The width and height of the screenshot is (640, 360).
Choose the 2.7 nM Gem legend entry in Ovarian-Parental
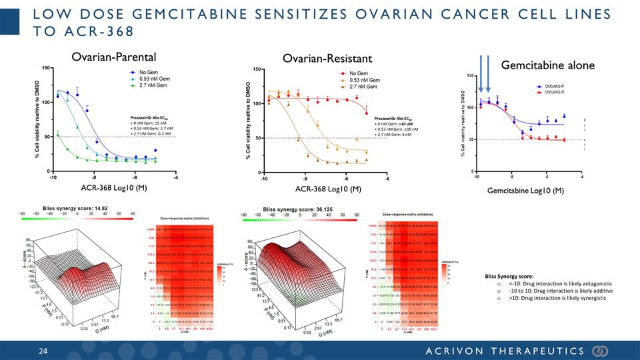click(x=151, y=85)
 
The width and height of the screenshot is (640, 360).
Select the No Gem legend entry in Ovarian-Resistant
click(x=359, y=73)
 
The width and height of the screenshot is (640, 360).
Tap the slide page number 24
click(x=43, y=351)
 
